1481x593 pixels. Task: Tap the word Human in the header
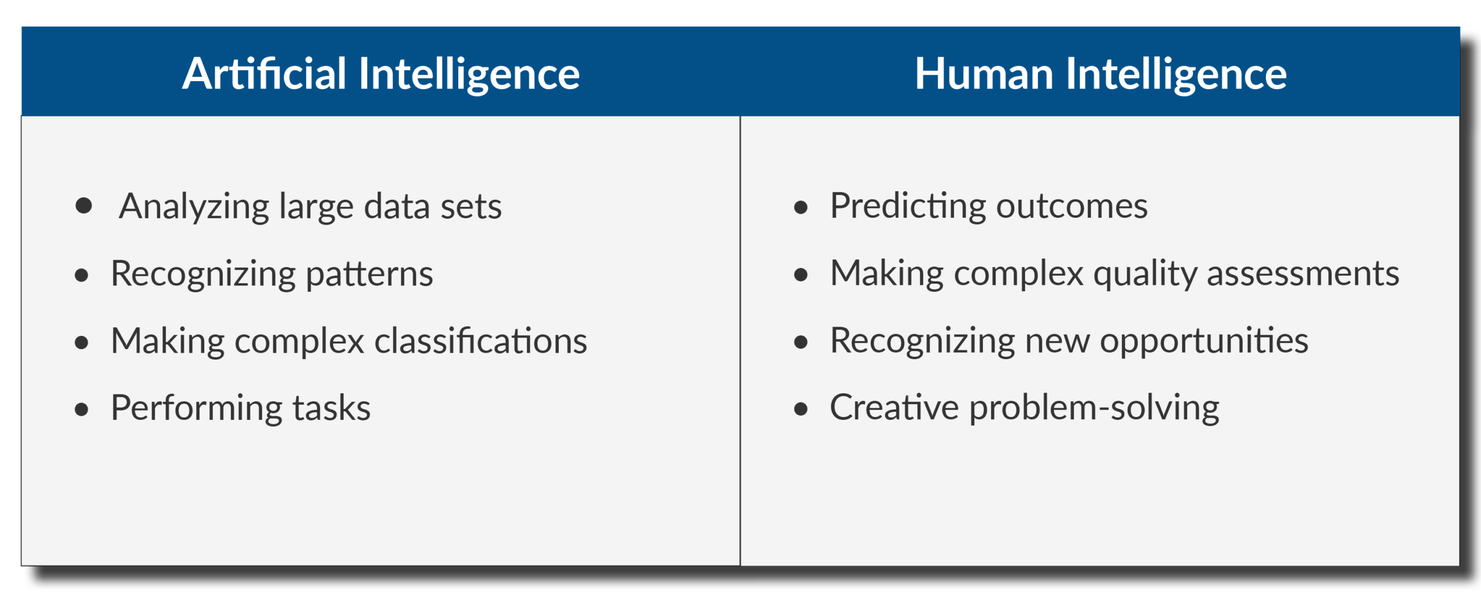pyautogui.click(x=984, y=74)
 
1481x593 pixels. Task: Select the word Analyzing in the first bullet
pyautogui.click(x=194, y=207)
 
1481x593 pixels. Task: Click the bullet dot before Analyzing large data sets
pyautogui.click(x=84, y=206)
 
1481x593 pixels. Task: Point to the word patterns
pyautogui.click(x=369, y=274)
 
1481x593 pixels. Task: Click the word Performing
pyautogui.click(x=197, y=409)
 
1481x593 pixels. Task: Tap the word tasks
pyautogui.click(x=331, y=408)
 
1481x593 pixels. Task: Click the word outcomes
pyautogui.click(x=1072, y=207)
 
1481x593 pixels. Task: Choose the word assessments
pyautogui.click(x=1303, y=274)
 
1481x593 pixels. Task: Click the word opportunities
pyautogui.click(x=1204, y=342)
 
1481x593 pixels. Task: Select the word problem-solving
pyautogui.click(x=1095, y=409)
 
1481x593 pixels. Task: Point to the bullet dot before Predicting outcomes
pyautogui.click(x=801, y=207)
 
